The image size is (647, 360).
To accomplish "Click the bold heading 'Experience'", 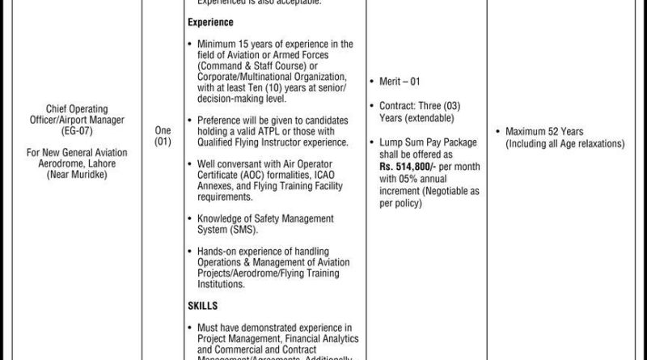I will pos(211,23).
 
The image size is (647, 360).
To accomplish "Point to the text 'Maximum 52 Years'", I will pos(544,131).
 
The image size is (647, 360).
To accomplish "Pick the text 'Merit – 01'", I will pos(400,82).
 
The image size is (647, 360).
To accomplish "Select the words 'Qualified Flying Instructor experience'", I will pos(266,142).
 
